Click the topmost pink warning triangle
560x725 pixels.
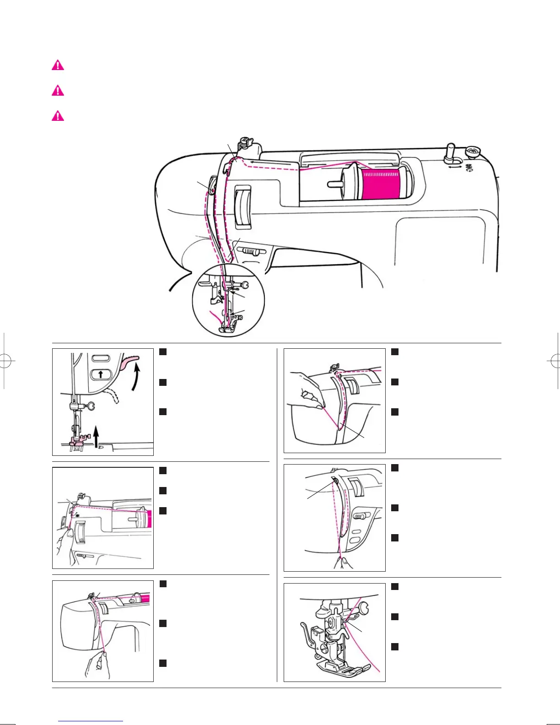pos(58,65)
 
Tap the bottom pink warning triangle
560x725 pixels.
pos(58,116)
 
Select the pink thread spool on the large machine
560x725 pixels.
pos(381,183)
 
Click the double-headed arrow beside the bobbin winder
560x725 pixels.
pos(455,168)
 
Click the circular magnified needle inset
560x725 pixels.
pos(228,304)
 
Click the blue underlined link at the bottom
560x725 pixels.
pos(91,721)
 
